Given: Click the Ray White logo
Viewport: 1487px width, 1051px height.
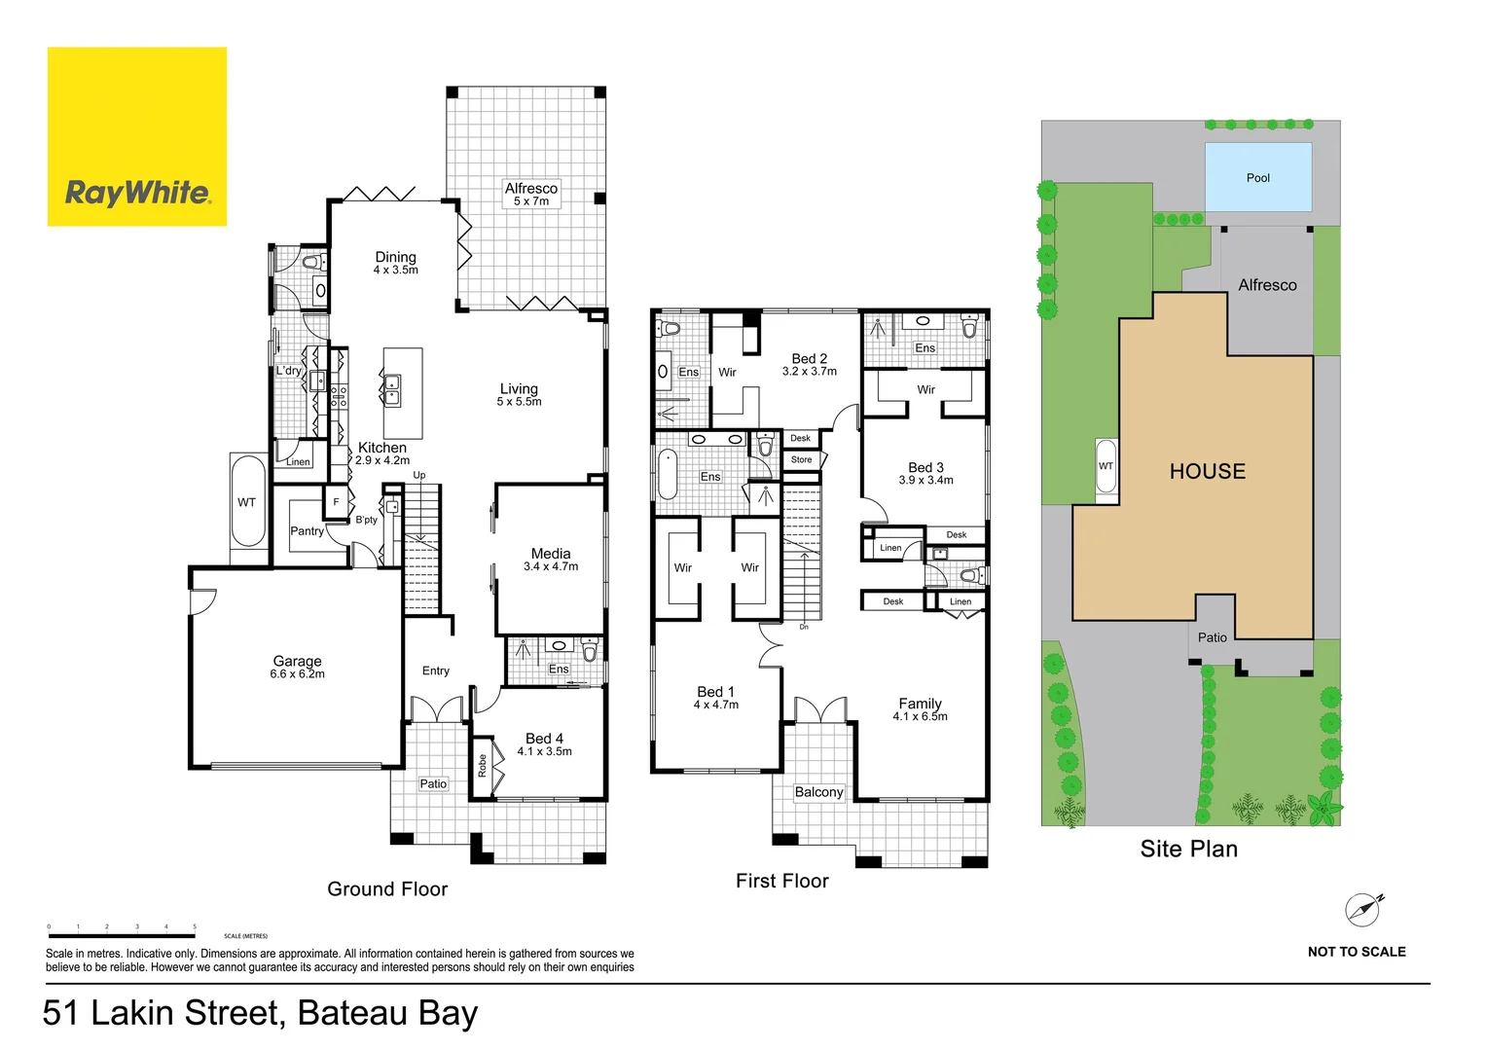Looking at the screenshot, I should pyautogui.click(x=137, y=137).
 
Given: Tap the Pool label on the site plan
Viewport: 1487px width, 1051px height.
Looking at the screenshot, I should pyautogui.click(x=1257, y=178).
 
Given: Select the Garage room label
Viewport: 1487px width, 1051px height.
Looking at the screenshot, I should pyautogui.click(x=297, y=667).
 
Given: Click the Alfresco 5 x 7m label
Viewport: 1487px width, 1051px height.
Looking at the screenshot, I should pyautogui.click(x=531, y=194).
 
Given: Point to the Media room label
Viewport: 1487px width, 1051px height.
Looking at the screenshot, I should pyautogui.click(x=551, y=559).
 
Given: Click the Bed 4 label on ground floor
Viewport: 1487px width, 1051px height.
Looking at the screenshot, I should pyautogui.click(x=544, y=743).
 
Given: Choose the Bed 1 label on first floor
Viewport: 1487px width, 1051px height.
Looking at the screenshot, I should pyautogui.click(x=715, y=697).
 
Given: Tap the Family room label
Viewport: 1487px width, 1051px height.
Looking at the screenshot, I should pyautogui.click(x=920, y=708).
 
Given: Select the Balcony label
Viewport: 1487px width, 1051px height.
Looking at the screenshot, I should pyautogui.click(x=818, y=792).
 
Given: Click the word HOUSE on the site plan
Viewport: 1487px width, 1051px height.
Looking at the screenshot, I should pyautogui.click(x=1207, y=471).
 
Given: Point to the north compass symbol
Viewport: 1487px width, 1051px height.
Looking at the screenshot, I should pyautogui.click(x=1363, y=909).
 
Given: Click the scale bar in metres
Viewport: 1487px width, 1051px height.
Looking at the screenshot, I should pyautogui.click(x=122, y=935).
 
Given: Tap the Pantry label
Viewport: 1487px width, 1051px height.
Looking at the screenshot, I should pyautogui.click(x=307, y=530).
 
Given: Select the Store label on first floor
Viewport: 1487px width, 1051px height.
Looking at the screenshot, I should pyautogui.click(x=801, y=459).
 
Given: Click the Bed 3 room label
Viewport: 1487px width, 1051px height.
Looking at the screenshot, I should pyautogui.click(x=925, y=473).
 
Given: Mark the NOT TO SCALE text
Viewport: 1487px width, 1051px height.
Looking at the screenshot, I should pyautogui.click(x=1356, y=952).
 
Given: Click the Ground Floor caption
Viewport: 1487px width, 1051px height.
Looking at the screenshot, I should pyautogui.click(x=387, y=888).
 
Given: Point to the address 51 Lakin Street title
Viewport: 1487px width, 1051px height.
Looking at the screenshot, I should pyautogui.click(x=260, y=1013).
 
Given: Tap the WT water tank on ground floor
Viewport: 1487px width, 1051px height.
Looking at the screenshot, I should pyautogui.click(x=247, y=502).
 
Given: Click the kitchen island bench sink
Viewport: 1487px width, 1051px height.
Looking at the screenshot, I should pyautogui.click(x=391, y=390).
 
